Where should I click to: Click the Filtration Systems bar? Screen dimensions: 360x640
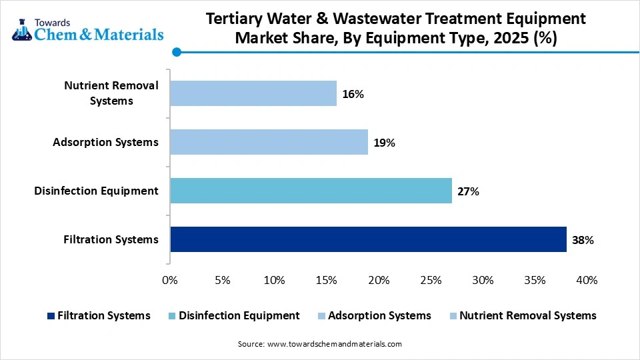click(368, 239)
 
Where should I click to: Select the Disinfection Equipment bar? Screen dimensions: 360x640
click(311, 191)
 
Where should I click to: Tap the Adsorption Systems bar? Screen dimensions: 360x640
click(269, 142)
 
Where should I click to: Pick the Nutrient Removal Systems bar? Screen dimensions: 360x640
click(253, 93)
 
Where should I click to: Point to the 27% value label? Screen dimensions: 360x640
click(468, 191)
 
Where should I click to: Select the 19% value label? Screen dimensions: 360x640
click(384, 143)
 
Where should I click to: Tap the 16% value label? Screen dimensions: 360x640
click(353, 94)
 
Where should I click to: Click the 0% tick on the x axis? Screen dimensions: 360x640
click(170, 280)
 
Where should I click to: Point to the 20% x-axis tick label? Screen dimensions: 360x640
click(379, 280)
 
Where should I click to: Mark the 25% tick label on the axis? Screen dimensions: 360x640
click(431, 280)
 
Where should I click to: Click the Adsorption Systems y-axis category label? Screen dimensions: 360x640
click(105, 142)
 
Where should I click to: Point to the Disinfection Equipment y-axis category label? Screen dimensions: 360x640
click(97, 191)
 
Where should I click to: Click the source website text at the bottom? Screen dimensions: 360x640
click(320, 344)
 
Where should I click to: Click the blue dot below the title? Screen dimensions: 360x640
click(176, 52)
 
